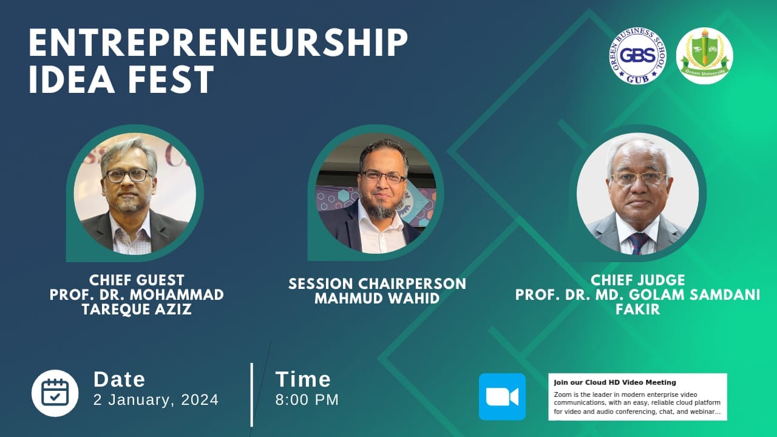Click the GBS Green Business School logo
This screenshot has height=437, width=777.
click(x=637, y=56)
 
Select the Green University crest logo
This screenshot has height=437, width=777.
click(x=704, y=56)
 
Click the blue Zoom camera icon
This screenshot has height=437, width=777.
click(x=502, y=397)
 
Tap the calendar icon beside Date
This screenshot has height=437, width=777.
click(x=55, y=393)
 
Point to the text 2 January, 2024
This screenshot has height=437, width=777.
click(x=156, y=400)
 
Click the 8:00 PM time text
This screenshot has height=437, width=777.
click(x=307, y=400)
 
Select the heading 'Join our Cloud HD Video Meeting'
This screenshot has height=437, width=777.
click(x=614, y=382)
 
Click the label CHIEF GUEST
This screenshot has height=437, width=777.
click(x=137, y=280)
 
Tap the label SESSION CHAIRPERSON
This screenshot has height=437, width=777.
click(x=377, y=284)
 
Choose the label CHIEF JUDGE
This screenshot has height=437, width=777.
click(x=637, y=280)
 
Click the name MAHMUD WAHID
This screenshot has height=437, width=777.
click(x=377, y=299)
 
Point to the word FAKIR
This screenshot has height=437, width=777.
click(x=637, y=310)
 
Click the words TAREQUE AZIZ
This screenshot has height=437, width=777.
click(x=137, y=310)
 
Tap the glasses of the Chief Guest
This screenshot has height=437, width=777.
click(x=127, y=175)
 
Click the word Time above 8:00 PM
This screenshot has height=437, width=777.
click(x=303, y=379)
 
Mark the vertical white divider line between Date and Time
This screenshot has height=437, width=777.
click(x=251, y=395)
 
